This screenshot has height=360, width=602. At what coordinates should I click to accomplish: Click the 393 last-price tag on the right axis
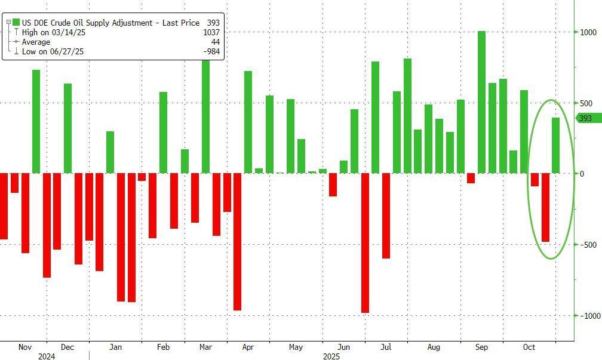pyautogui.click(x=586, y=118)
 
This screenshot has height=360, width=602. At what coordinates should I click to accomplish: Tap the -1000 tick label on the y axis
pyautogui.click(x=586, y=316)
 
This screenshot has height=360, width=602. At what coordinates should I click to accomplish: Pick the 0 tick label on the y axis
pyautogui.click(x=582, y=174)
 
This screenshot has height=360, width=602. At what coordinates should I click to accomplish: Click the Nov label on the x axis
pyautogui.click(x=24, y=347)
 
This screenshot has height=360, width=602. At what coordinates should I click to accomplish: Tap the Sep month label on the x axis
pyautogui.click(x=481, y=347)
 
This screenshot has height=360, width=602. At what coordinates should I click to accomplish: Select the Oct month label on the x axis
pyautogui.click(x=529, y=347)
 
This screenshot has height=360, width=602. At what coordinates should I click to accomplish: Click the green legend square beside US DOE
pyautogui.click(x=16, y=23)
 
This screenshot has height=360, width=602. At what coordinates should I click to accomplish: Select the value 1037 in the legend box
pyautogui.click(x=211, y=33)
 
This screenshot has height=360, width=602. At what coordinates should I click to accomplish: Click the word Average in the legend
pyautogui.click(x=36, y=42)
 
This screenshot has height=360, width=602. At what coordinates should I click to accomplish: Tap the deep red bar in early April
pyautogui.click(x=237, y=242)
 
